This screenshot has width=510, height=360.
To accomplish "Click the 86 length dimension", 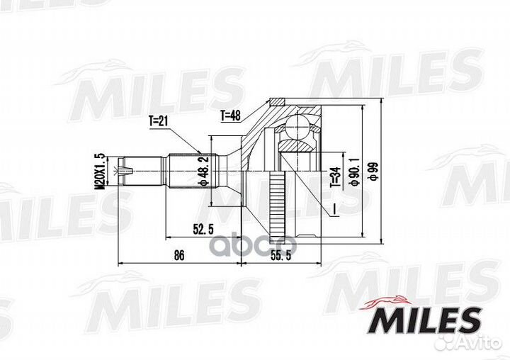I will [x=179, y=255].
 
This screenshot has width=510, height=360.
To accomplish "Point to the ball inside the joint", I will [x=297, y=128].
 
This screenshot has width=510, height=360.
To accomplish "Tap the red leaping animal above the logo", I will [x=388, y=301].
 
